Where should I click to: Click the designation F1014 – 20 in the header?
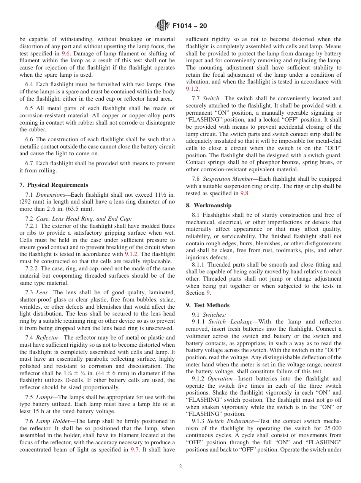point(190,26)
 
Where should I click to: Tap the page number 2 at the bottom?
point(180,467)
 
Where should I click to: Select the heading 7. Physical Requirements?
point(54,185)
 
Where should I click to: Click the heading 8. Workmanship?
point(208,205)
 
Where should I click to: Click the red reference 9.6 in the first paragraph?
point(65,54)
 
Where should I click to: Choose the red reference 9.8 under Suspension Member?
point(244,193)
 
